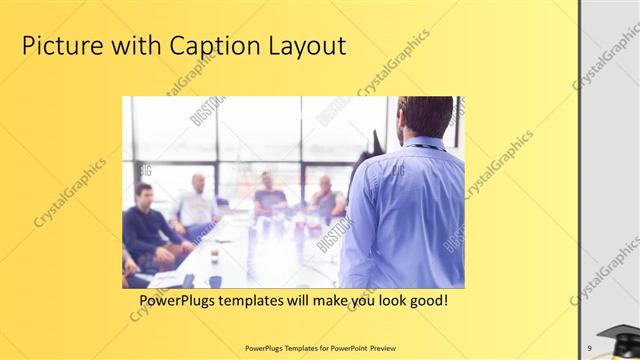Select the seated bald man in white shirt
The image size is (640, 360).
tap(196, 205)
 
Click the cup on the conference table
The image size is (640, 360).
tap(214, 255)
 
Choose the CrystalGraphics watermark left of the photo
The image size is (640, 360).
tap(70, 191)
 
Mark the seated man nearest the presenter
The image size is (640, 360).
tap(326, 200)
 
